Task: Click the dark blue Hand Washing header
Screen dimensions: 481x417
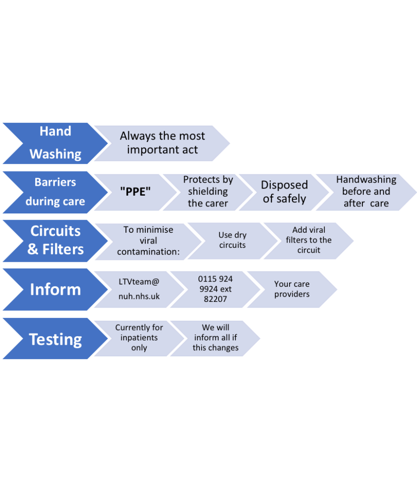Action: point(55,142)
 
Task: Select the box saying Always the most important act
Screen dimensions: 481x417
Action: point(162,143)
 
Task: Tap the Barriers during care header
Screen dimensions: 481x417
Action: point(55,192)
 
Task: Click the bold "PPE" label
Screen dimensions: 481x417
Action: point(135,192)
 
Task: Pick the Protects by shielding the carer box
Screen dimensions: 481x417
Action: point(208,192)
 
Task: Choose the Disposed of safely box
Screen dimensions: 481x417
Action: point(284,192)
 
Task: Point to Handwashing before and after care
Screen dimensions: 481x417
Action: point(366,192)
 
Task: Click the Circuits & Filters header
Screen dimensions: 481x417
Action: point(55,240)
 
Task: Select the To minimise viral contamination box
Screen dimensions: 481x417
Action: point(148,241)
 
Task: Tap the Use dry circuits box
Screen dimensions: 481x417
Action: point(232,240)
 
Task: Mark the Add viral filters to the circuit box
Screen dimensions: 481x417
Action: point(308,240)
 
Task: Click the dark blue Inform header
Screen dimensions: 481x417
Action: point(55,289)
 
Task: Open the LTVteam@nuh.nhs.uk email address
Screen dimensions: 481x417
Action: point(139,289)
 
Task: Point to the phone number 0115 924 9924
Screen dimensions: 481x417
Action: point(215,284)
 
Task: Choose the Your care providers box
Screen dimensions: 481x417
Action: point(291,289)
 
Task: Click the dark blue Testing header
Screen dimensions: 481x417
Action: point(55,339)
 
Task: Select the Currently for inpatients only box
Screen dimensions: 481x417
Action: point(139,338)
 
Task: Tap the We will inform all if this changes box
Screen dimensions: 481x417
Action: point(215,338)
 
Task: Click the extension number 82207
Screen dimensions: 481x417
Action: point(215,299)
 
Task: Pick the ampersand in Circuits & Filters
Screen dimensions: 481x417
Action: point(33,249)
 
